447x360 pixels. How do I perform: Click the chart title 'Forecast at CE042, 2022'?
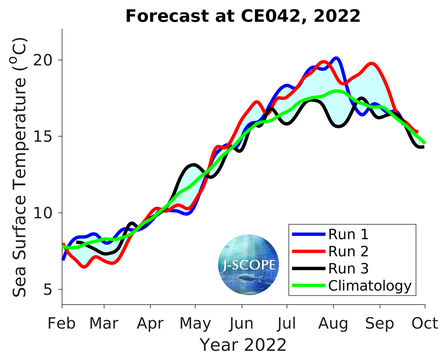coord(243,17)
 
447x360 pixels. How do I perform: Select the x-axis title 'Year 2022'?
coord(243,345)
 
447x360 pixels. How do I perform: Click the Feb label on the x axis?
coord(62,323)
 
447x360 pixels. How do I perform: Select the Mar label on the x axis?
coord(104,323)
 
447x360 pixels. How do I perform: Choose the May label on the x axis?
coord(196,323)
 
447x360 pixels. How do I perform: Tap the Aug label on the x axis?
coord(333,323)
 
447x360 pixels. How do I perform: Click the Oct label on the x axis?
coord(425,323)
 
